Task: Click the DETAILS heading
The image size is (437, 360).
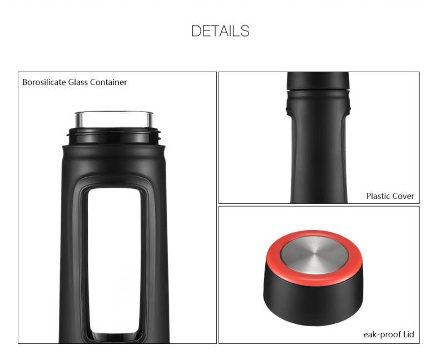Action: pyautogui.click(x=220, y=31)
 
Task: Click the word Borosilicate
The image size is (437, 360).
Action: pyautogui.click(x=44, y=82)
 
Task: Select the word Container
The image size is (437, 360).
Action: pyautogui.click(x=108, y=82)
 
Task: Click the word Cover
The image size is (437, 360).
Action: pyautogui.click(x=403, y=196)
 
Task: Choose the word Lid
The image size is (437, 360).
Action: pyautogui.click(x=409, y=334)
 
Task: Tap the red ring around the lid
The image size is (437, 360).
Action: pyautogui.click(x=314, y=278)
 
